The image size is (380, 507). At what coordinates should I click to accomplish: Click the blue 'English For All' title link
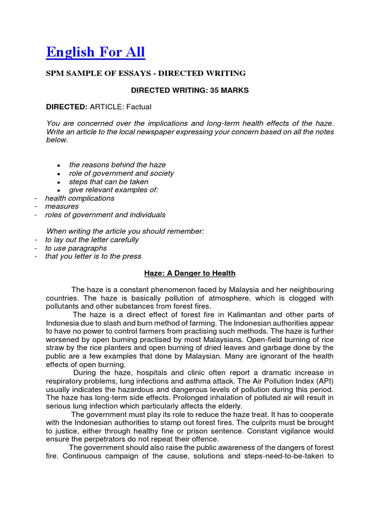tap(95, 51)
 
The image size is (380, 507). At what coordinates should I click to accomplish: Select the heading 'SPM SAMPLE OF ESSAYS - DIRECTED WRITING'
tap(146, 73)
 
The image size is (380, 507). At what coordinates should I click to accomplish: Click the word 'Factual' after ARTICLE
tap(139, 106)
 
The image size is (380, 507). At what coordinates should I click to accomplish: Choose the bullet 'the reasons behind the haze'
tap(117, 165)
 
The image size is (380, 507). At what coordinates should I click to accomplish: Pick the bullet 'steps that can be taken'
tap(108, 182)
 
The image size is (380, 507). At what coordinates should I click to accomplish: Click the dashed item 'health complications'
tap(80, 198)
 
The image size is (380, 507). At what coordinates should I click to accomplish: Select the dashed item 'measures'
tap(62, 206)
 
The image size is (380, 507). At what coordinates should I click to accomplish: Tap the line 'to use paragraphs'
tap(76, 248)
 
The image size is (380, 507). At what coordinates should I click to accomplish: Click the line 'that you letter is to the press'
tap(93, 256)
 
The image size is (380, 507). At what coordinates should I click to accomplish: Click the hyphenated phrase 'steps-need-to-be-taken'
tap(283, 456)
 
